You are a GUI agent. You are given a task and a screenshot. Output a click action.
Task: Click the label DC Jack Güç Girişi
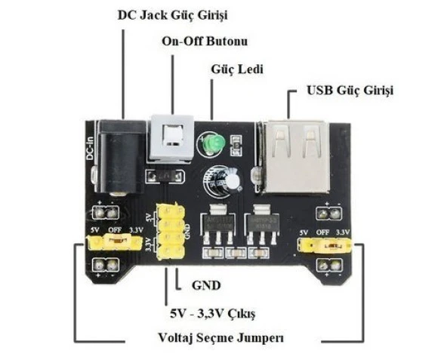173,14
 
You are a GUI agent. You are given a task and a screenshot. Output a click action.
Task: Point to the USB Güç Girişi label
350,91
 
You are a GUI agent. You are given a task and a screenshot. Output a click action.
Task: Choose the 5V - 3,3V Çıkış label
214,312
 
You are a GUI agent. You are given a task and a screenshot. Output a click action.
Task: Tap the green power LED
211,143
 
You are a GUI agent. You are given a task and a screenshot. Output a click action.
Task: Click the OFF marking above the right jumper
323,232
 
